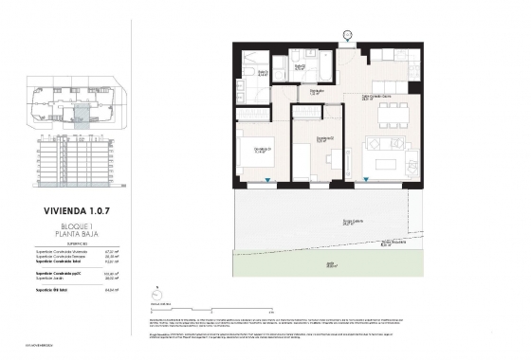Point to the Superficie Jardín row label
coord(54,279)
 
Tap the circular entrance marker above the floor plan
coord(347,35)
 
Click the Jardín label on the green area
coord(332,266)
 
